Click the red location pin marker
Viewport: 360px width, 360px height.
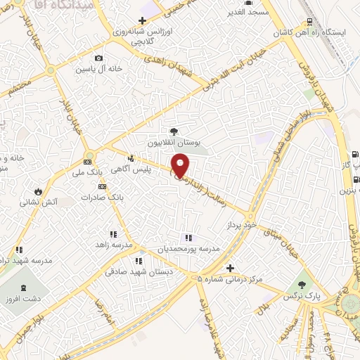tap(181, 166)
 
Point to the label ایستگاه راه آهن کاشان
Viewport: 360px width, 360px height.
tap(314, 34)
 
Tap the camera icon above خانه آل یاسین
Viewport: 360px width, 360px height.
tap(98, 58)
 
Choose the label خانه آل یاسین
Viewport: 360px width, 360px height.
tap(101, 69)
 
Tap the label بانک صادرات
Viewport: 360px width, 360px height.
tap(98, 198)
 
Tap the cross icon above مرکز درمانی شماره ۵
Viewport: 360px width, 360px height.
tap(231, 268)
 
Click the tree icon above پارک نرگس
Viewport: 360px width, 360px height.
tap(302, 284)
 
